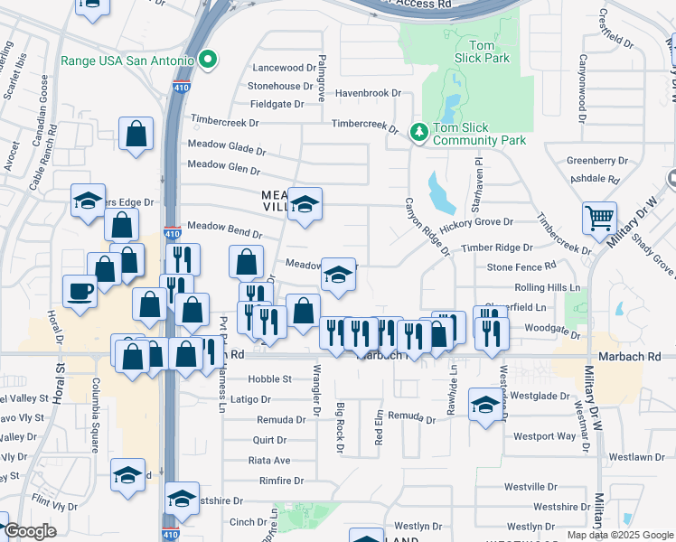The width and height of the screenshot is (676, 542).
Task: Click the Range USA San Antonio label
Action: (127, 61)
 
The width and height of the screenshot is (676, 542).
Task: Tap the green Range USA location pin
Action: (209, 61)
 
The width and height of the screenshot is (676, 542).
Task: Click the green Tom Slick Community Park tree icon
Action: (418, 133)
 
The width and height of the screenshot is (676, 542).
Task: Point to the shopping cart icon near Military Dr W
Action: (599, 218)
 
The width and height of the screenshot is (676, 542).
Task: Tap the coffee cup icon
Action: (80, 292)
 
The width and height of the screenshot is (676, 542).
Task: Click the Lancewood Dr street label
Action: (279, 68)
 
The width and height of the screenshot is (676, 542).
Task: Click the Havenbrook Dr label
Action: (368, 93)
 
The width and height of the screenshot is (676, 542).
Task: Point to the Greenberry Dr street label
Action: (596, 160)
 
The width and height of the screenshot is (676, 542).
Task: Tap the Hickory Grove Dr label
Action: (476, 222)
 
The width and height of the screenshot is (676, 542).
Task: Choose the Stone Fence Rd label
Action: (521, 266)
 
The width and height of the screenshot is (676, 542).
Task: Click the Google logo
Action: (31, 531)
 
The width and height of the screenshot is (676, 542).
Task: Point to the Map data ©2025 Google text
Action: (619, 535)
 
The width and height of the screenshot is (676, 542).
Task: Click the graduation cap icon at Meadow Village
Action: (305, 203)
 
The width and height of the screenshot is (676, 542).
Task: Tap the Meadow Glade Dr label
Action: (227, 145)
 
